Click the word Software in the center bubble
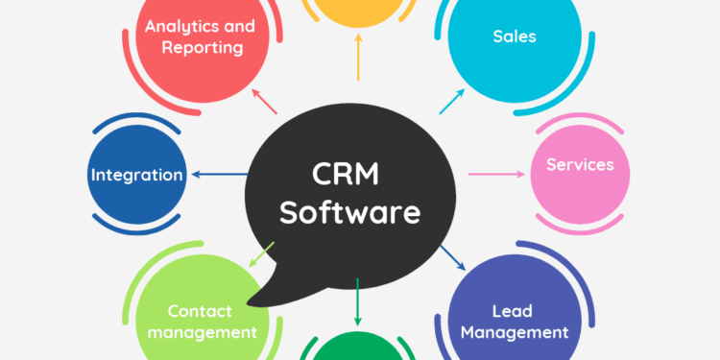350,212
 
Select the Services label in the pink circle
580,164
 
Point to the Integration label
136,175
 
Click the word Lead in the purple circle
512,311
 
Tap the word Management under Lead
516,333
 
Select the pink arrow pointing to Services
498,174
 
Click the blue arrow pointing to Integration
220,175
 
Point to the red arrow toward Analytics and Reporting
263,100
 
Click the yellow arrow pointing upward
357,59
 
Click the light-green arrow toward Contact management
262,253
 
